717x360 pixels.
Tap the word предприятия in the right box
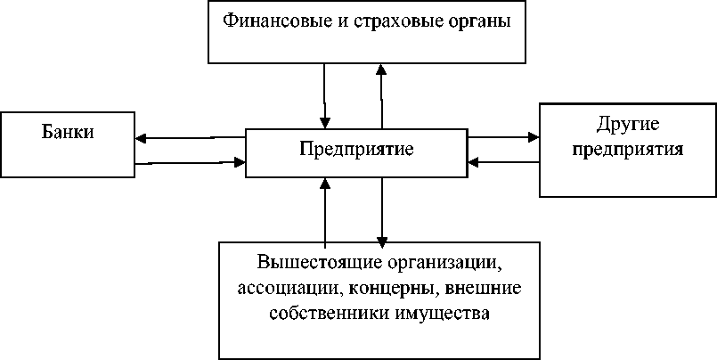coord(628,148)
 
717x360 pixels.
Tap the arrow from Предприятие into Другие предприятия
coord(503,137)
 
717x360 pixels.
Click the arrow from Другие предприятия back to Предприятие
coord(503,162)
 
